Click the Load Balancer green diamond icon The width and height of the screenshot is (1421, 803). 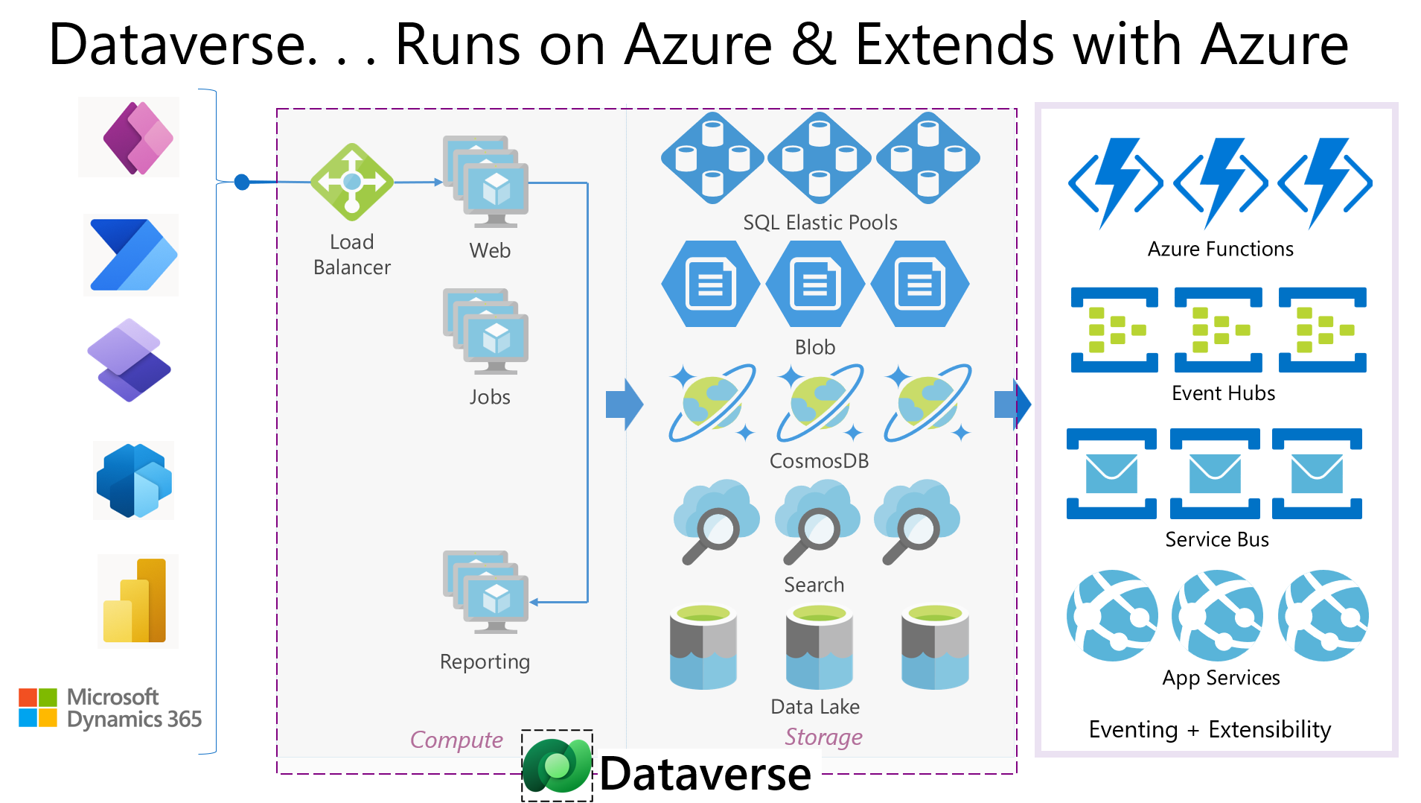point(352,182)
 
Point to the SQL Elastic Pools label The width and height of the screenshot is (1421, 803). point(820,223)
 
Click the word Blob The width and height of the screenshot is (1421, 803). point(815,347)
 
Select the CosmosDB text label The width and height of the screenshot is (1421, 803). point(819,461)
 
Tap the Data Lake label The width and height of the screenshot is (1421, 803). point(815,706)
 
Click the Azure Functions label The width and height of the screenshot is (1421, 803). point(1220,249)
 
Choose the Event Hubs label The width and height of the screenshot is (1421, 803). point(1223,393)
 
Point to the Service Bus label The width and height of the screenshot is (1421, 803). point(1217,539)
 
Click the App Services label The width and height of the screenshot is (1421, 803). point(1221,678)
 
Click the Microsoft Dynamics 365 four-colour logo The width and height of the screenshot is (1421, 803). point(38,707)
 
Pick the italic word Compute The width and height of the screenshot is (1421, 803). point(456,740)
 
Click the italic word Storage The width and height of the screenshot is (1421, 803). point(823,737)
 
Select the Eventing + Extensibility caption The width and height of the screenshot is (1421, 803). point(1210,729)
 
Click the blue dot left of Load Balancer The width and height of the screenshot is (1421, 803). point(242,182)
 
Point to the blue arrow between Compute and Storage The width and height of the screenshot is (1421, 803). point(624,404)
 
